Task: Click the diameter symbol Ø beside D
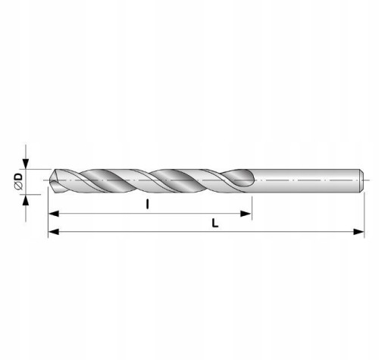[19, 186]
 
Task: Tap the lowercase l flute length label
[148, 204]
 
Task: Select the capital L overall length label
[215, 223]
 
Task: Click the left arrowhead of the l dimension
[54, 214]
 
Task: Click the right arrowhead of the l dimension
[246, 214]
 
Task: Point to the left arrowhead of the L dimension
[54, 231]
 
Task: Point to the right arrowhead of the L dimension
[358, 231]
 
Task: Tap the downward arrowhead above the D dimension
[26, 164]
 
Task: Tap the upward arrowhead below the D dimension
[25, 200]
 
